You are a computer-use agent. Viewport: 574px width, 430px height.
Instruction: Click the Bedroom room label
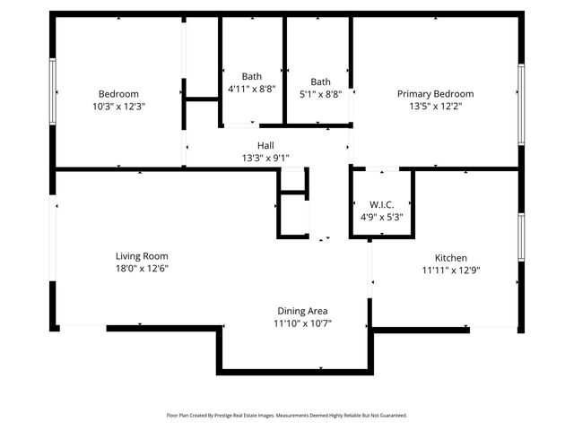118,94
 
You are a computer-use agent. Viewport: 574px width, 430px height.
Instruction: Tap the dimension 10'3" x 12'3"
118,106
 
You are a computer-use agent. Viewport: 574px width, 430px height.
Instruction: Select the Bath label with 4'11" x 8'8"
251,77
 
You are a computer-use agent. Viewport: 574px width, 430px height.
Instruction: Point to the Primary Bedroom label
435,94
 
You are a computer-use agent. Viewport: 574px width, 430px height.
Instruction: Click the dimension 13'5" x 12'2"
435,106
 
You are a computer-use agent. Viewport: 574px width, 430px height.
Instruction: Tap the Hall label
265,145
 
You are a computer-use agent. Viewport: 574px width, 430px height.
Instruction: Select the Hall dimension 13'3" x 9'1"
265,157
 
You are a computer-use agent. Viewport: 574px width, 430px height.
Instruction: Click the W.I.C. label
382,204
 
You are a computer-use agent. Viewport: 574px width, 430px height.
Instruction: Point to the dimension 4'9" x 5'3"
382,216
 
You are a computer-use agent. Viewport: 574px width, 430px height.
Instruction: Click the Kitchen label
450,257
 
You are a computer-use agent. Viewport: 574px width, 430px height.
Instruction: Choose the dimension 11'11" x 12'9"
450,269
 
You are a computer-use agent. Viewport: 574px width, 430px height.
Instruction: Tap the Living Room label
142,256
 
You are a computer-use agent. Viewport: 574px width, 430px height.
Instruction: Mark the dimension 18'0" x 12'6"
142,268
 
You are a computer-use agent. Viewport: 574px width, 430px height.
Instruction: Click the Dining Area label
303,311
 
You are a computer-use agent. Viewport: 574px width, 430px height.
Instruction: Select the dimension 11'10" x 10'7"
303,323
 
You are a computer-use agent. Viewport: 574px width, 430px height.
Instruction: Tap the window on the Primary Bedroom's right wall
520,104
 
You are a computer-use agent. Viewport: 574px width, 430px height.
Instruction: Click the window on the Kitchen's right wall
520,236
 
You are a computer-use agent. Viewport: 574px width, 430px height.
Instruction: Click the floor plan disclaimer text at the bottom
287,416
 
